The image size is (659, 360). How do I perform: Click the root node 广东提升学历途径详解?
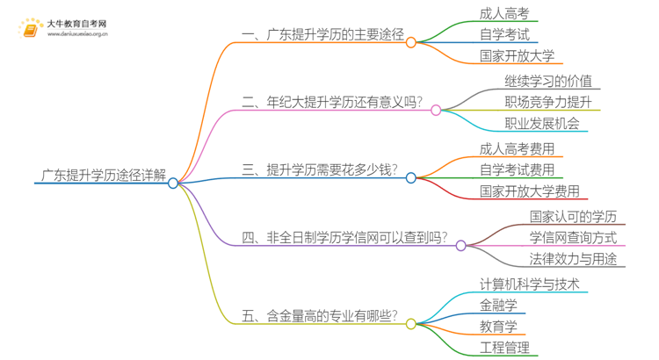(x=104, y=174)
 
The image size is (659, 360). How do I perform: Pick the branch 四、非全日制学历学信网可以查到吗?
(x=344, y=238)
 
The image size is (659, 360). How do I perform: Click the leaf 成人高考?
(x=504, y=13)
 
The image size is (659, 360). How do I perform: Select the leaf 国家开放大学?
(x=517, y=57)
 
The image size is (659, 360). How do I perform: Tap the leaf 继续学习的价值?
(x=547, y=81)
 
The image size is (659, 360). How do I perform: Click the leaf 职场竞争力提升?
(x=547, y=103)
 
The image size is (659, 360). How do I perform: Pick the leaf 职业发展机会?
(x=541, y=125)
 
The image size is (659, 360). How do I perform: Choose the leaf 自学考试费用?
(x=517, y=169)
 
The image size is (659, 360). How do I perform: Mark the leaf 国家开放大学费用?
(x=529, y=191)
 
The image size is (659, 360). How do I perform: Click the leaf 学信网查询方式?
(x=572, y=237)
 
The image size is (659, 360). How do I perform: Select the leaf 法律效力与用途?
(x=572, y=259)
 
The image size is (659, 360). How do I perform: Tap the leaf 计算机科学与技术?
(x=529, y=284)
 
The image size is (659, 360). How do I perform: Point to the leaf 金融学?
(x=498, y=305)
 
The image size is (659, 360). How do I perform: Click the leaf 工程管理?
(x=504, y=349)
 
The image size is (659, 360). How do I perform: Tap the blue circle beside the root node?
(x=173, y=183)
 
